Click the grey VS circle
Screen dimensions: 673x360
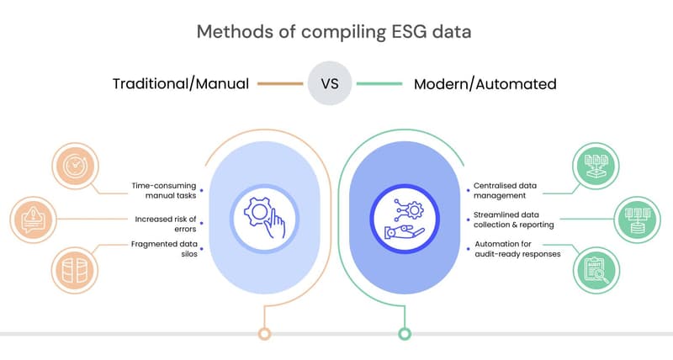(330, 83)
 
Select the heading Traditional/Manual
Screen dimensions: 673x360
(181, 83)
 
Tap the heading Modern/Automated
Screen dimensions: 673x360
(485, 84)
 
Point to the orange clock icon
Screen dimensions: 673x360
(75, 166)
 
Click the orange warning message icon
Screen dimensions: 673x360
(33, 220)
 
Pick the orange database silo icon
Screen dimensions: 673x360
(75, 270)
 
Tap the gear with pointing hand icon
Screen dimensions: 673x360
(264, 218)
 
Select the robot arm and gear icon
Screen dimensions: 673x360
(405, 219)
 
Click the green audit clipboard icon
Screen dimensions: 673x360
(596, 271)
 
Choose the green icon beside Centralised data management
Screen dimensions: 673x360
(596, 166)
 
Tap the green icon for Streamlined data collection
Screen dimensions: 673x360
(638, 220)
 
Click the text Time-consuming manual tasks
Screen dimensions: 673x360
(164, 190)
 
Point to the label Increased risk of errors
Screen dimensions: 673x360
(166, 224)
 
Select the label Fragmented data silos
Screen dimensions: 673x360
(164, 249)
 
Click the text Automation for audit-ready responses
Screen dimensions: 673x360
(517, 249)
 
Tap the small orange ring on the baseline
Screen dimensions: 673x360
(265, 333)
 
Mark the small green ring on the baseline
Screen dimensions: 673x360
(405, 333)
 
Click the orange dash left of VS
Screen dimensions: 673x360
(280, 83)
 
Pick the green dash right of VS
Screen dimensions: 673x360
(379, 83)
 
